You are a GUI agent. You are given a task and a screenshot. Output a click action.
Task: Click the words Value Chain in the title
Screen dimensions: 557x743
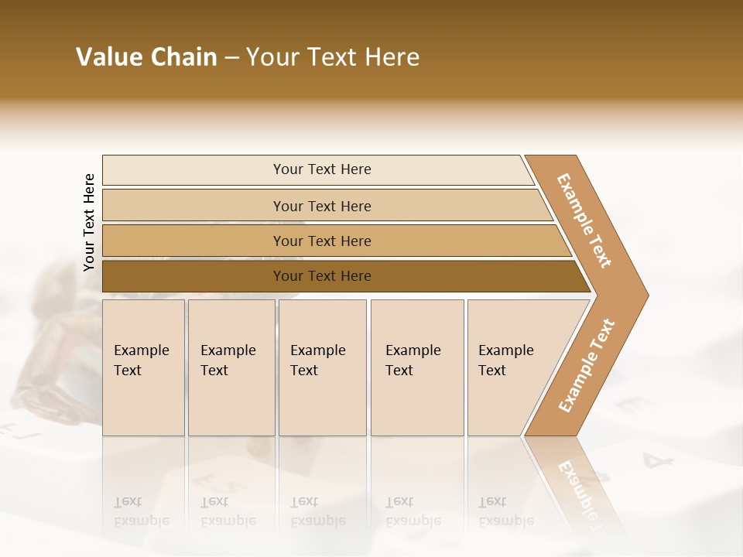146,57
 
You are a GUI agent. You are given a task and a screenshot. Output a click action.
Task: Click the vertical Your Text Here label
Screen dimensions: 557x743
89,223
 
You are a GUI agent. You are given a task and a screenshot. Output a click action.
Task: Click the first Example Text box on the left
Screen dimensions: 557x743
143,367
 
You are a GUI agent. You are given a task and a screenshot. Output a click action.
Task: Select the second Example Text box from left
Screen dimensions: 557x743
231,367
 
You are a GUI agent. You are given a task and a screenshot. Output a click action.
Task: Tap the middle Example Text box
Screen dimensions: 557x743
322,367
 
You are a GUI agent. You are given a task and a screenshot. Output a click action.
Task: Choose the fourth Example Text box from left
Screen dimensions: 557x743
416,367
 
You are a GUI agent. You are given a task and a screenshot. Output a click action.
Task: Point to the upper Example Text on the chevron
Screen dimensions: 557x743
584,220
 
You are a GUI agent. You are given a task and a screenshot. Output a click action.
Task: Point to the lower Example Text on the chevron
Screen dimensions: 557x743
587,365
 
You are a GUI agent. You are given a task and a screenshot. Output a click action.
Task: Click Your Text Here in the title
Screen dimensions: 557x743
333,57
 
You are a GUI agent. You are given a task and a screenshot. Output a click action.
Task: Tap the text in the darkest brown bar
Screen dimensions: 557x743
322,276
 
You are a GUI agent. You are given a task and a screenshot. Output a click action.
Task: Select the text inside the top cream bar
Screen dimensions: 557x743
322,169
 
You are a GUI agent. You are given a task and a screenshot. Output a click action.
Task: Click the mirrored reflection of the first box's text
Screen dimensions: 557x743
141,511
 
